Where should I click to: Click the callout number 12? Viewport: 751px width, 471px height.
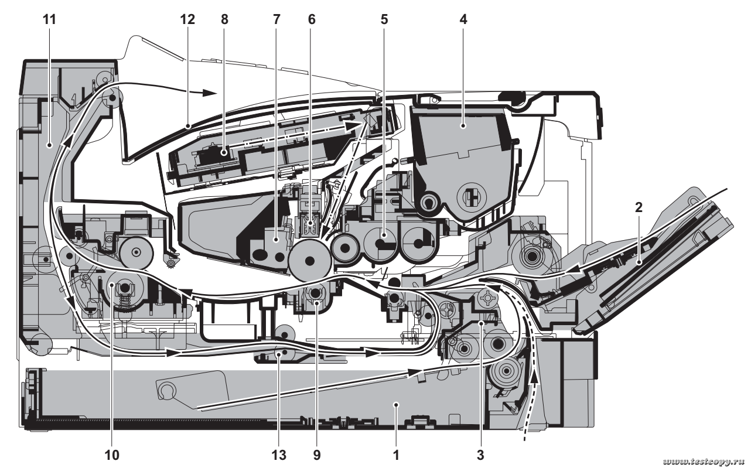[x=187, y=19]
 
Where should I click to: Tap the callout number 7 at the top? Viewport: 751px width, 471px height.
[x=276, y=19]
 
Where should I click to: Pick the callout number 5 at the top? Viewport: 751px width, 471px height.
[x=384, y=19]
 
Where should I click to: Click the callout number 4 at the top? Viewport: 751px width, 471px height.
[x=463, y=19]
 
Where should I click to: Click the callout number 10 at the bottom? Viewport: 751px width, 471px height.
[x=111, y=454]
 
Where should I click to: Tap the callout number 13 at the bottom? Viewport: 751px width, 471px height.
[x=277, y=454]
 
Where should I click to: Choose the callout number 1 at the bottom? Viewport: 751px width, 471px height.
[x=396, y=454]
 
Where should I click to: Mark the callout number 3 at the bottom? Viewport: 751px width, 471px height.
[x=481, y=454]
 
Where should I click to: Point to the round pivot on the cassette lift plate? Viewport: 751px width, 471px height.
[x=167, y=390]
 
